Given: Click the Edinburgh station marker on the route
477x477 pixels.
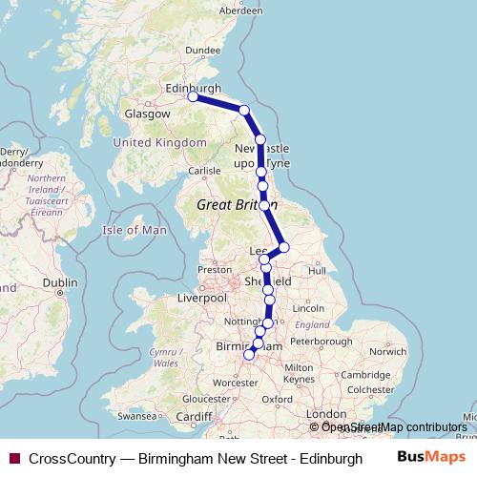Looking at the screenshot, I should pyautogui.click(x=193, y=96).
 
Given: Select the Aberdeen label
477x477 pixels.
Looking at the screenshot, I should pyautogui.click(x=240, y=10).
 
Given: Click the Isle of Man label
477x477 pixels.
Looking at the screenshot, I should pyautogui.click(x=135, y=230).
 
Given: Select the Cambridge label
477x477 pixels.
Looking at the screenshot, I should pyautogui.click(x=363, y=375).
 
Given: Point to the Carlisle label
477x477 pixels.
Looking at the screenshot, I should pyautogui.click(x=204, y=172).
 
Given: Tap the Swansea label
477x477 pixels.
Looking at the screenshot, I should pyautogui.click(x=136, y=417).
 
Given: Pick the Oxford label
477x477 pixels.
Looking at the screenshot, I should pyautogui.click(x=277, y=399).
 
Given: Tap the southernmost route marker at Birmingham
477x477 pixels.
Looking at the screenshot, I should pyautogui.click(x=250, y=354).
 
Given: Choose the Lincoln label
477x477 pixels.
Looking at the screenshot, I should pyautogui.click(x=309, y=308).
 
